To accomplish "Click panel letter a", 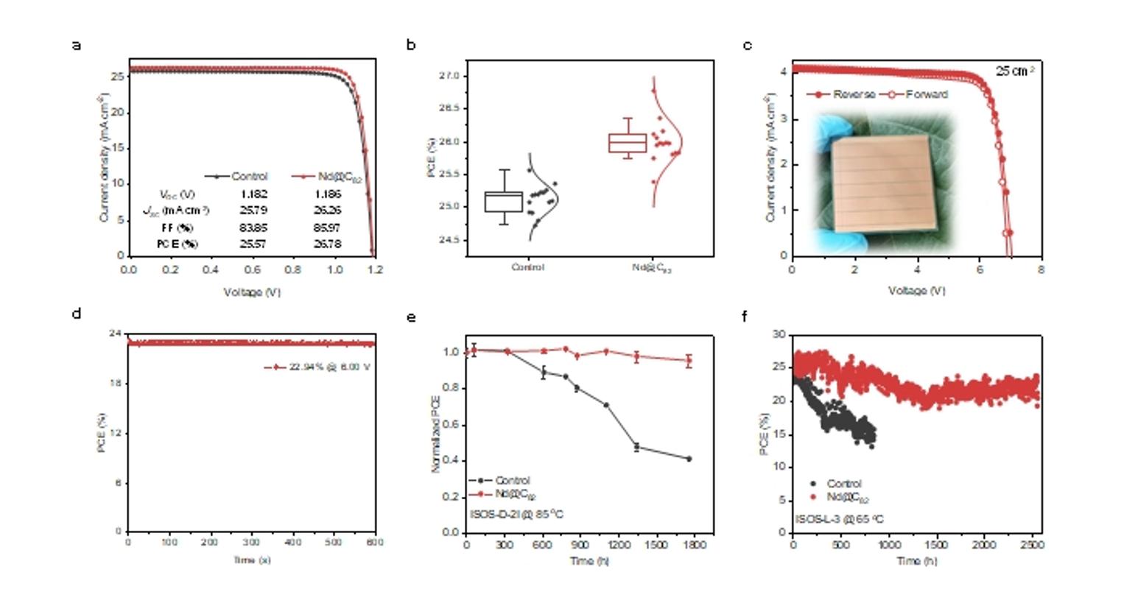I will pyautogui.click(x=76, y=46).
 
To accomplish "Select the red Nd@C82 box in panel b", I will pyautogui.click(x=627, y=142).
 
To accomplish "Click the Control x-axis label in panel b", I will pyautogui.click(x=527, y=268).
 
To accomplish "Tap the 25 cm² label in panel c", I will pyautogui.click(x=1015, y=71).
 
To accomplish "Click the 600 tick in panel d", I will pyautogui.click(x=376, y=543).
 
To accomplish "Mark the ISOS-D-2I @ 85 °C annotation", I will pyautogui.click(x=516, y=514).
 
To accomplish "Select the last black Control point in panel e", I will pyautogui.click(x=689, y=459).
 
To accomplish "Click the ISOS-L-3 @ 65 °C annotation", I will pyautogui.click(x=839, y=519).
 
